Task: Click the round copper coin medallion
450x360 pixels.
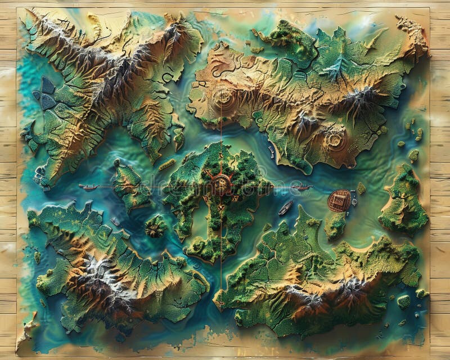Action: [x=339, y=200]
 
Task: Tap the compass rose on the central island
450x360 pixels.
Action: [x=220, y=184]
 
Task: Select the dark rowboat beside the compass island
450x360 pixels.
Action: [x=286, y=208]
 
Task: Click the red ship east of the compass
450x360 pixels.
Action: [x=302, y=187]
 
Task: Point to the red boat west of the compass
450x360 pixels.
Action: [x=88, y=187]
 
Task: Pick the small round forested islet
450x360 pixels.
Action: [x=156, y=226]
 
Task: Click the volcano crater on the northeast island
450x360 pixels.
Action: [x=334, y=138]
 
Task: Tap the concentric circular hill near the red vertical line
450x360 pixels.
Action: [x=223, y=98]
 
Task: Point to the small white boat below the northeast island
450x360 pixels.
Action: [x=271, y=151]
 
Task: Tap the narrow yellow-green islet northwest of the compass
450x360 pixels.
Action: [x=167, y=164]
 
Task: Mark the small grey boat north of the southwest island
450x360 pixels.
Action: [x=115, y=222]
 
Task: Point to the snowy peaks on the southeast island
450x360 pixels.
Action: [x=332, y=290]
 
